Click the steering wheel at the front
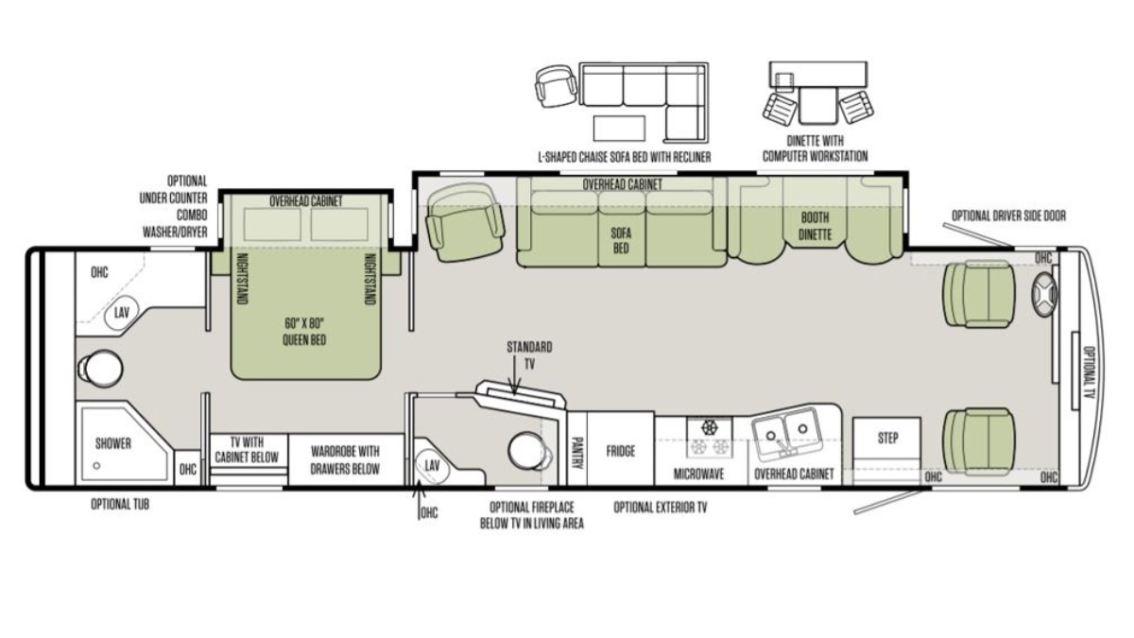1044,294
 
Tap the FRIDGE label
621,451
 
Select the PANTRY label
577,453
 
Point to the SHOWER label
112,443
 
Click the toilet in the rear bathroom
100,368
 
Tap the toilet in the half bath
528,450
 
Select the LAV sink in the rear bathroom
121,314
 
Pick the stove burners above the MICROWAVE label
709,439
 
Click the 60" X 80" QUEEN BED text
304,331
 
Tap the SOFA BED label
621,240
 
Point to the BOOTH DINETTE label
815,226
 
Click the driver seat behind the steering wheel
978,294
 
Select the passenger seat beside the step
978,441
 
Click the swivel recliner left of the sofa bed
464,222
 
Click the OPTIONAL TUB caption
120,505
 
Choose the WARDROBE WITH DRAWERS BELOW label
345,460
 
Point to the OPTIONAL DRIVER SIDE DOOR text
1008,216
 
